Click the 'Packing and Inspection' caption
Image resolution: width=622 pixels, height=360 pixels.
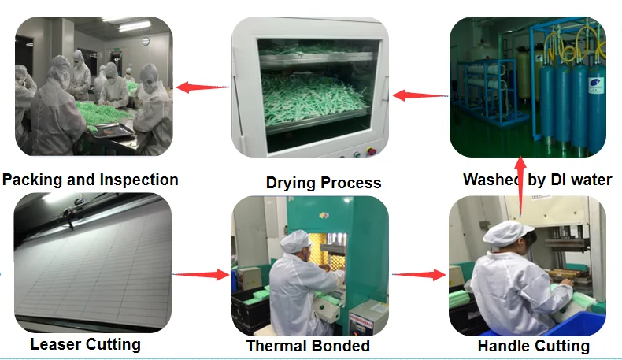tap(91, 180)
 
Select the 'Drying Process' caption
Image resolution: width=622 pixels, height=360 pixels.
tap(323, 183)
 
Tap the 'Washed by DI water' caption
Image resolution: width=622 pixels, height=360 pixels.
tap(538, 180)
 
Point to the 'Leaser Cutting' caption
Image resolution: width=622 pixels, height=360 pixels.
tap(85, 344)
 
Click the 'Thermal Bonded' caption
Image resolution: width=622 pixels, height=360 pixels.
tap(308, 345)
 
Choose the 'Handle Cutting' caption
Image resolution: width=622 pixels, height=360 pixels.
tap(533, 346)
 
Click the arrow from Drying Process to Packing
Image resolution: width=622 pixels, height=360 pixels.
tap(202, 87)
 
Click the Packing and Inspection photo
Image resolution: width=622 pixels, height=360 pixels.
tap(94, 86)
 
